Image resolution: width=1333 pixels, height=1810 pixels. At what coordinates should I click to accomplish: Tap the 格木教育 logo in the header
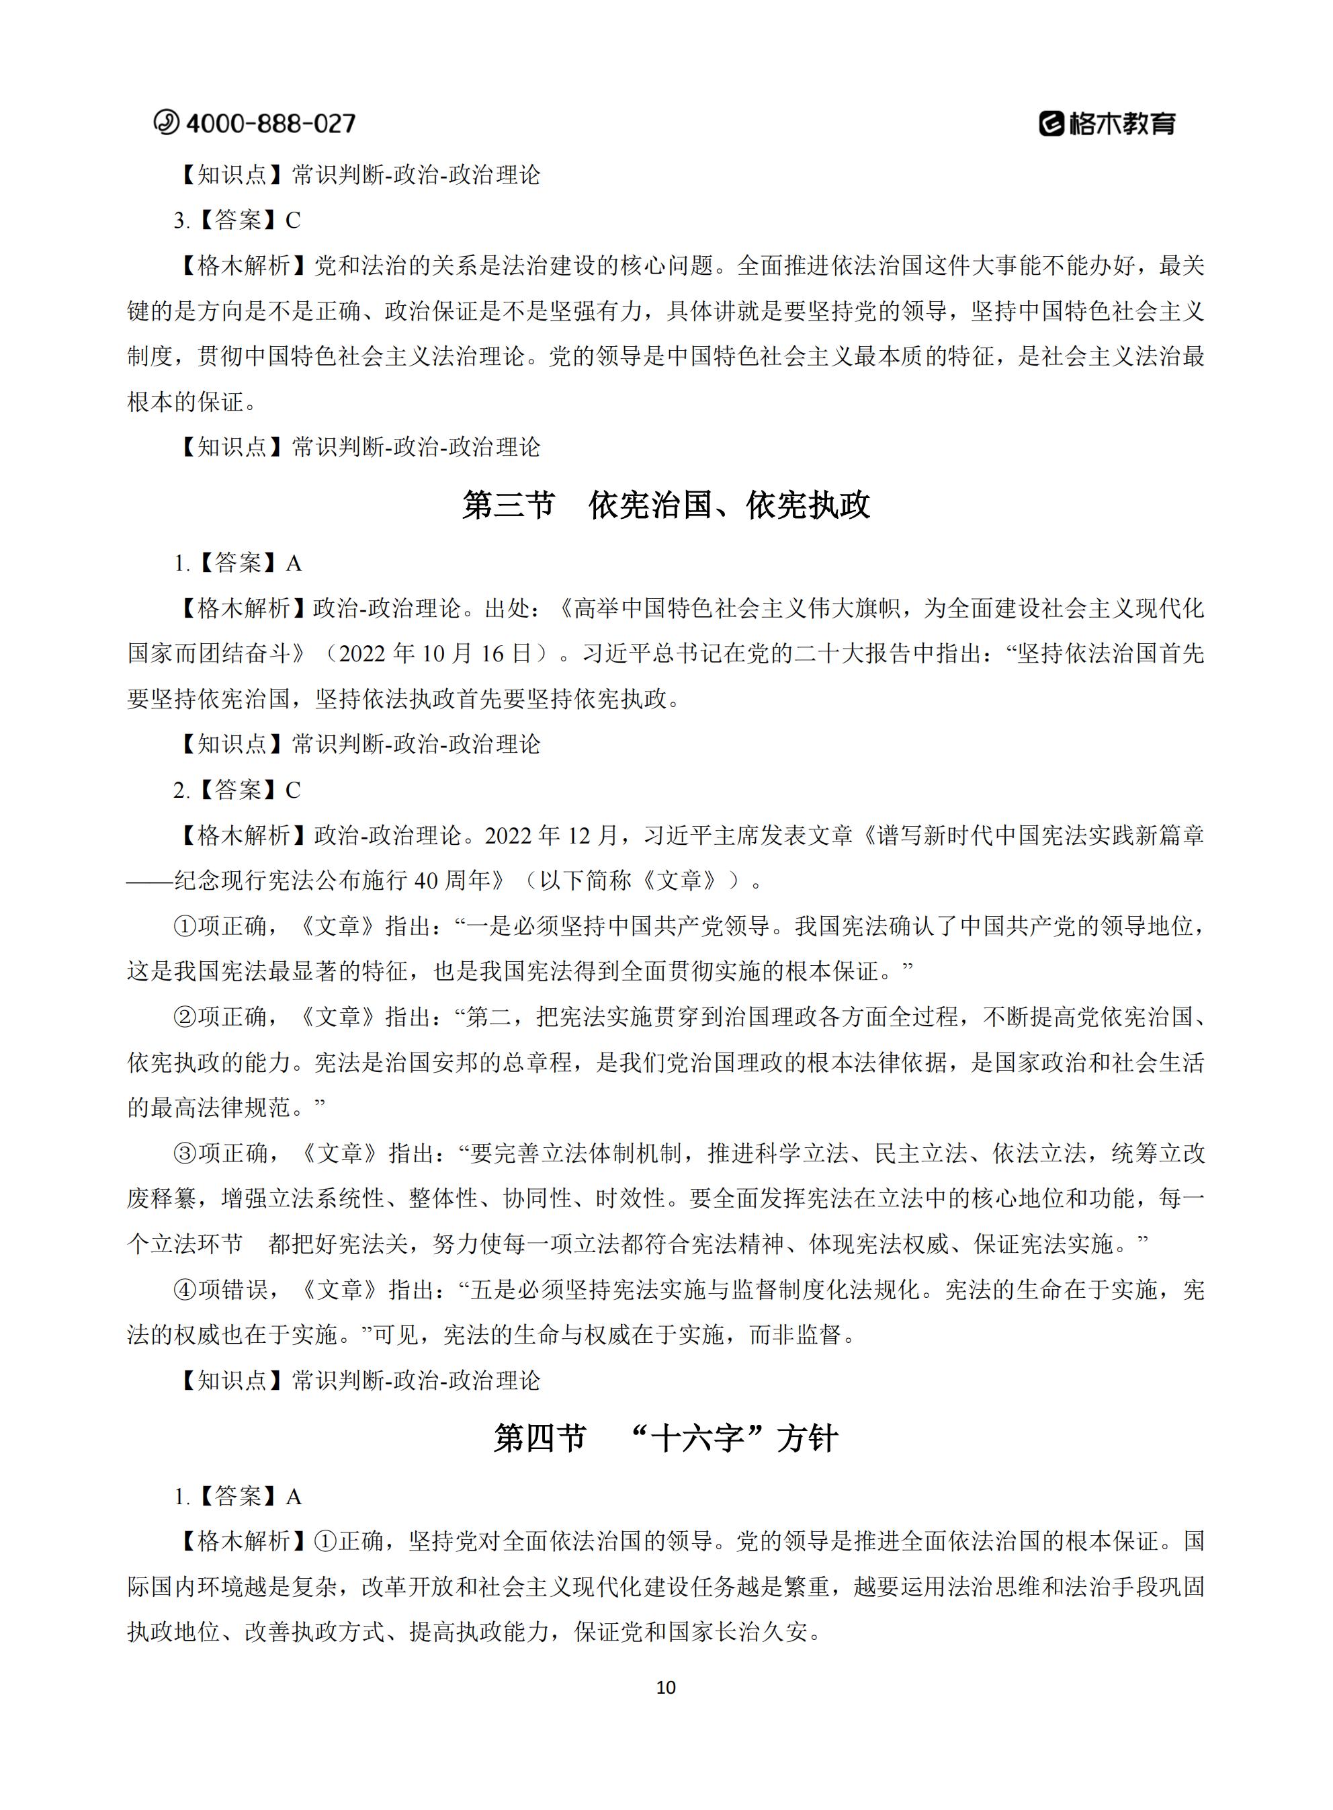click(1107, 124)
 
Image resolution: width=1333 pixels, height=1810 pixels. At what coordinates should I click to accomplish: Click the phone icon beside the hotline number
click(166, 122)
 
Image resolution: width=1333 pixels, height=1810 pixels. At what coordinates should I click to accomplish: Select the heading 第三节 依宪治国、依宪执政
click(666, 505)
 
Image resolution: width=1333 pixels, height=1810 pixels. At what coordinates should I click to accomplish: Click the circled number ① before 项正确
click(185, 926)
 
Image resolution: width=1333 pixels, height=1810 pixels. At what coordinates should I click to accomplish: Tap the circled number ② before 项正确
click(185, 1017)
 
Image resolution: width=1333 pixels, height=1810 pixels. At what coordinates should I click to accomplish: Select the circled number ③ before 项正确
click(185, 1153)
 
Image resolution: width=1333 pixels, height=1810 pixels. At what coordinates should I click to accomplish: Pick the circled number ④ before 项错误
click(185, 1290)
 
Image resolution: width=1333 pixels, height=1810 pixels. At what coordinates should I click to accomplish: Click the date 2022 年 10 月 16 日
click(436, 654)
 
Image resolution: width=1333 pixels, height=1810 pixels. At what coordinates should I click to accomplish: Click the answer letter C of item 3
click(293, 220)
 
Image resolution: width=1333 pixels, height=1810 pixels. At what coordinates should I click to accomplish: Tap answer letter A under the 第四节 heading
click(293, 1497)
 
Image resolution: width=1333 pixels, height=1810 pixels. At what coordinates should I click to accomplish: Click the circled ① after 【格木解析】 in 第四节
click(325, 1542)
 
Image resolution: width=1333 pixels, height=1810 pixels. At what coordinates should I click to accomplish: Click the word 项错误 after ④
click(233, 1290)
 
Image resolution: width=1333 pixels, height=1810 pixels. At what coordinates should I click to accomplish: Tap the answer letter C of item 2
click(293, 790)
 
